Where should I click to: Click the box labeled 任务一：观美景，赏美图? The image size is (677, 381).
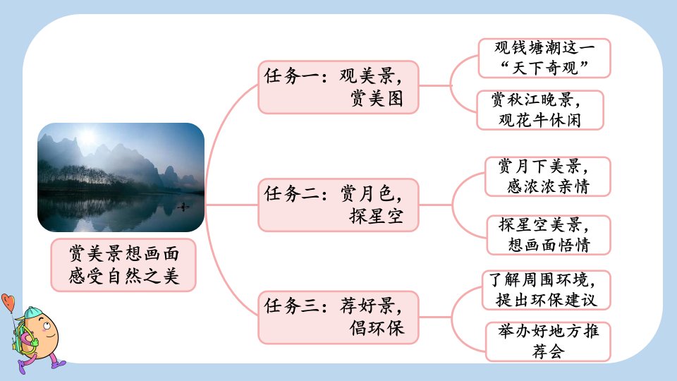point(338,87)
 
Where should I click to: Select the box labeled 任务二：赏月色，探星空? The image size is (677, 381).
point(338,205)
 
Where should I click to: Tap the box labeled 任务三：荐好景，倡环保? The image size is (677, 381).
point(338,317)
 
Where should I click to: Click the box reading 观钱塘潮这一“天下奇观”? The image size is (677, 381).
point(544,59)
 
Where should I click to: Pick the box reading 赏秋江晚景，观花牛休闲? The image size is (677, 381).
point(540,110)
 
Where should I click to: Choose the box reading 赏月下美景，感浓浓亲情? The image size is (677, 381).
point(547,176)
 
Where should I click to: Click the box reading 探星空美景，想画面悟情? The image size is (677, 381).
point(549,235)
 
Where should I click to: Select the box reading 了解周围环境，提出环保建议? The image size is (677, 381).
point(546,290)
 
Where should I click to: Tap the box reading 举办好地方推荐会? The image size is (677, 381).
point(548,341)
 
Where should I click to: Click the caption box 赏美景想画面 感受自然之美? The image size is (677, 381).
point(123,265)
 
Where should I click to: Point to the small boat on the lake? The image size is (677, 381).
point(183,207)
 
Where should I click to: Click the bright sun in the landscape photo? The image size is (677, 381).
point(87,136)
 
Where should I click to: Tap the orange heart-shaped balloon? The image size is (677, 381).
point(8,301)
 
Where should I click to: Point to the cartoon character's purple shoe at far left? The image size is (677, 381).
point(22,368)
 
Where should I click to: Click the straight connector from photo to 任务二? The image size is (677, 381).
point(231,205)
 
